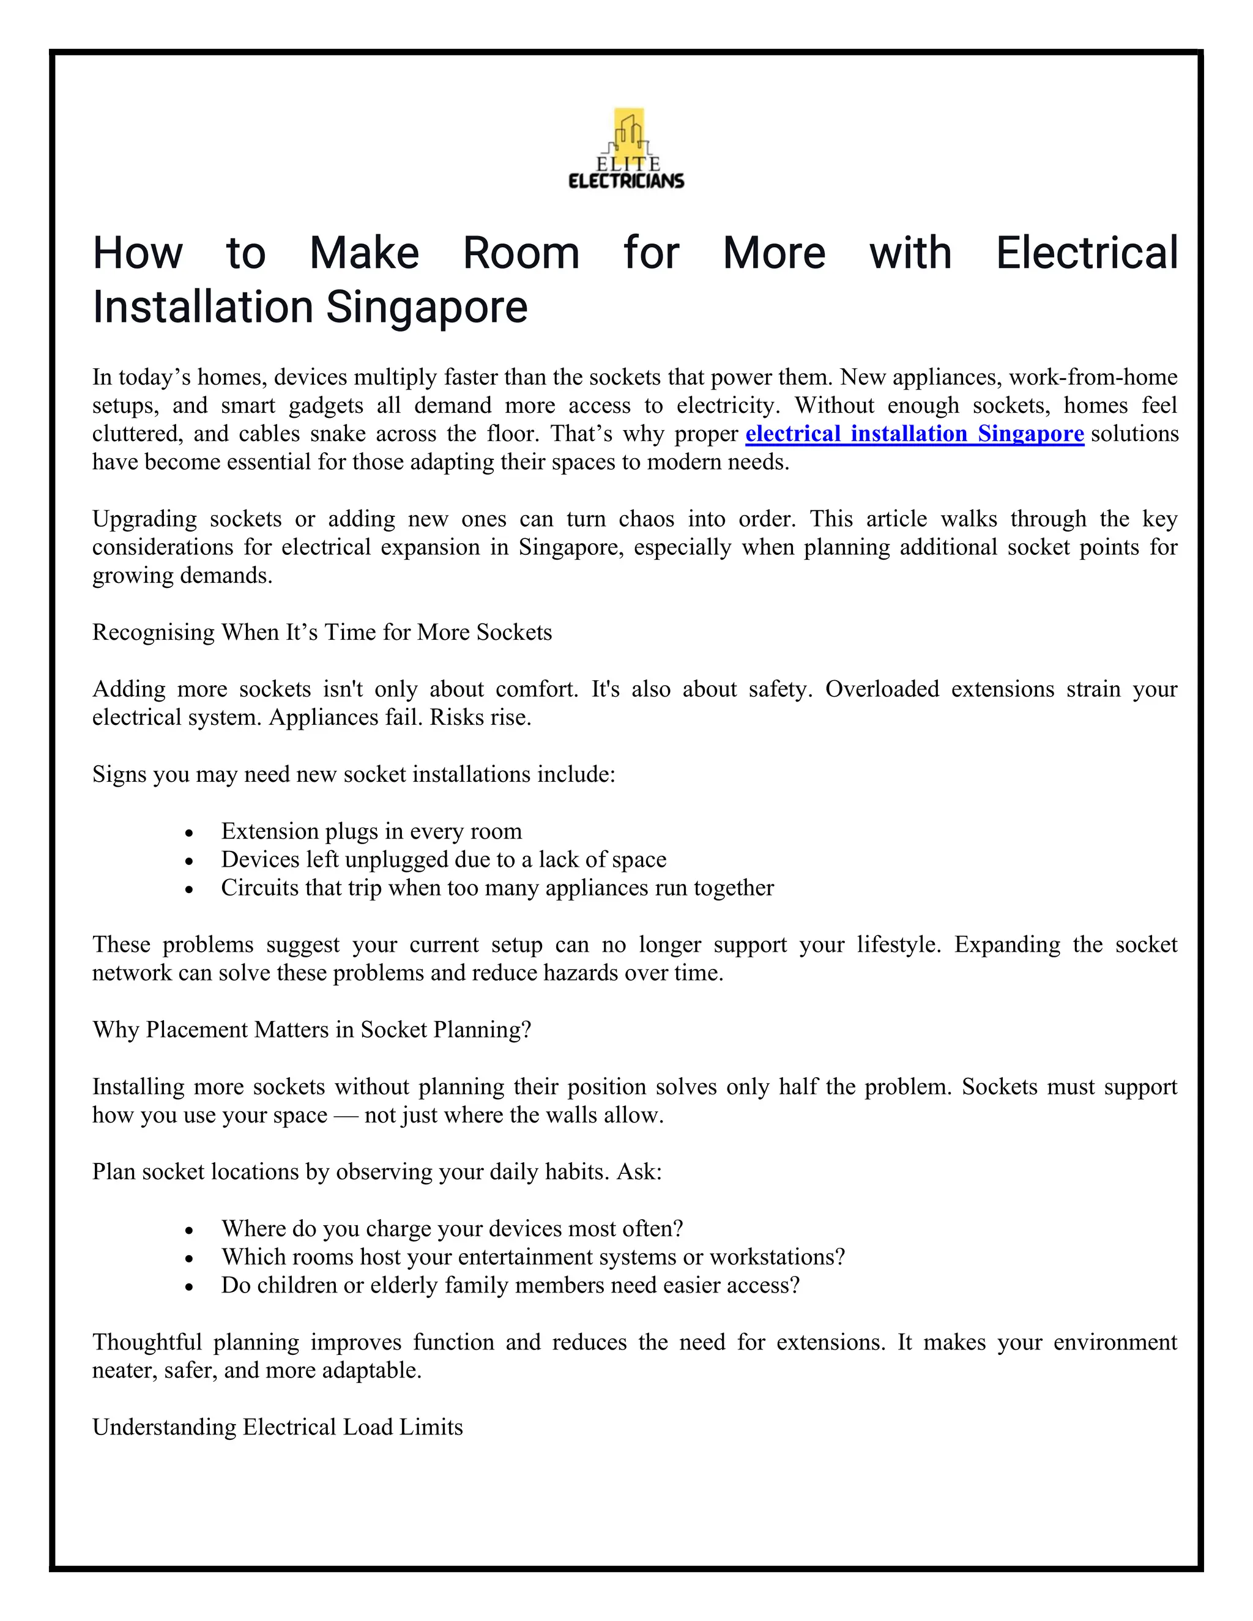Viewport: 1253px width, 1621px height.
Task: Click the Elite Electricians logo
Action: [x=626, y=149]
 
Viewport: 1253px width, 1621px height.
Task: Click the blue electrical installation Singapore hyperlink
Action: [x=914, y=434]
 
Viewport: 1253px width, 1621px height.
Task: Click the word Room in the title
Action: [x=521, y=253]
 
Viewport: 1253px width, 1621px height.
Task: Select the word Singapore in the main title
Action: [x=427, y=307]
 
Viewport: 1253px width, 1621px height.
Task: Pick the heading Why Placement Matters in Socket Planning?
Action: [x=312, y=1029]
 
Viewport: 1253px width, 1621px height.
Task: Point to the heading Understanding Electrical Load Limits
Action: [x=277, y=1426]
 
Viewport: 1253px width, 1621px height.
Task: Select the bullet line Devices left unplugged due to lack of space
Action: [x=443, y=859]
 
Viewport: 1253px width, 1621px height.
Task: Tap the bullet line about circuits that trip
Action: [x=497, y=888]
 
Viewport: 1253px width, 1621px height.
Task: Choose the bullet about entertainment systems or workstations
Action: [x=532, y=1256]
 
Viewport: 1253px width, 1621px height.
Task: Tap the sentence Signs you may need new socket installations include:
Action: [x=354, y=774]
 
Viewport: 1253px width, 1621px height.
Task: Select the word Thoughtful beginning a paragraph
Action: [x=147, y=1342]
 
